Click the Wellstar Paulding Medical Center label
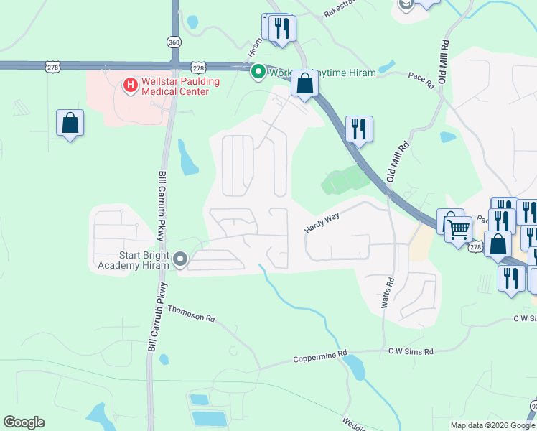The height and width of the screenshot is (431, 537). click(181, 86)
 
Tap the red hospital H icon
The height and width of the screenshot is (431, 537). click(131, 86)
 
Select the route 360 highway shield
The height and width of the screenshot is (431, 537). click(174, 42)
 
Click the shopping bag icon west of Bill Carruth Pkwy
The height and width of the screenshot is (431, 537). click(70, 124)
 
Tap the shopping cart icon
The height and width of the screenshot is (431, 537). click(459, 230)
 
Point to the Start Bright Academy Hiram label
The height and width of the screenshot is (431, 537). click(134, 259)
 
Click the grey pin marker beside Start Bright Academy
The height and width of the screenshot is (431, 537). click(180, 258)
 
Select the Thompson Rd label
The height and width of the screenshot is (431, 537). click(192, 313)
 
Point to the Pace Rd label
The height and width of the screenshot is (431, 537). click(421, 80)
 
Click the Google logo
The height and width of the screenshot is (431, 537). click(24, 422)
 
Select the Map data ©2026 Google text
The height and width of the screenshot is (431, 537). click(492, 425)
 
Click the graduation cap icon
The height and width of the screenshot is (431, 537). click(406, 4)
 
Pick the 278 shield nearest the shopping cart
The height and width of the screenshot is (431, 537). click(475, 246)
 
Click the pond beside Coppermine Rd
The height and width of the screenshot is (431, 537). click(354, 368)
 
